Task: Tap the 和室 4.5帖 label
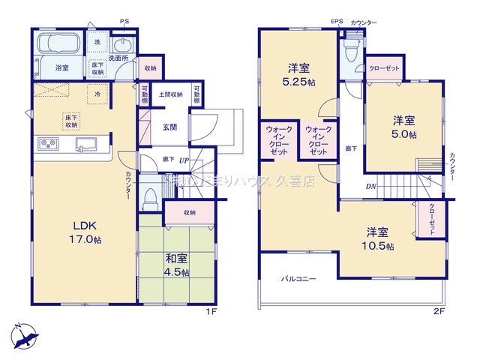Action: coord(176,265)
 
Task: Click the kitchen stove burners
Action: coord(44,143)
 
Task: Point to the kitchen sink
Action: coord(85,143)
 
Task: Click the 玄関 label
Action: coord(169,127)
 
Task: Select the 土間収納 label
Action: coord(171,94)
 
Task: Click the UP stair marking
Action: coord(183,160)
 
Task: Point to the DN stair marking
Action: coord(370,186)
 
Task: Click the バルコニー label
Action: coord(298,278)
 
